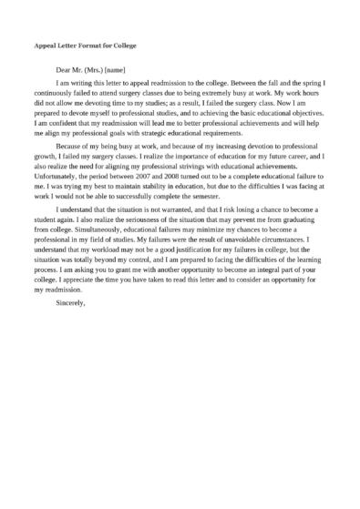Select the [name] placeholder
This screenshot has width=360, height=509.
[x=116, y=69]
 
